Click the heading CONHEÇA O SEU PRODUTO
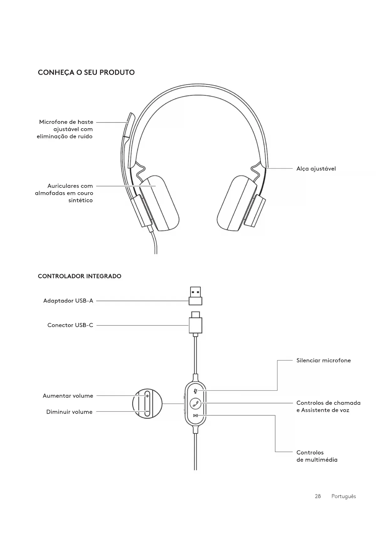[x=86, y=72]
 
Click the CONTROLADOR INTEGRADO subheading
[x=79, y=276]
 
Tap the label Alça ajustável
[x=316, y=169]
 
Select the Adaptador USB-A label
[x=68, y=301]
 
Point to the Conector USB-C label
[x=70, y=325]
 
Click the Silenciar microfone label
[x=323, y=361]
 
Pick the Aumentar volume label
[x=68, y=396]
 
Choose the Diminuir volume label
[x=69, y=412]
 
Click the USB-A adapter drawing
[x=195, y=296]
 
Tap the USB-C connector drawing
[x=195, y=324]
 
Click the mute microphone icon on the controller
[x=195, y=391]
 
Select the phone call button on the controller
[x=196, y=403]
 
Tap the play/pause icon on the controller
[x=195, y=416]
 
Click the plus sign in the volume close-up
[x=147, y=396]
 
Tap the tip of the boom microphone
[x=130, y=117]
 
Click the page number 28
[x=318, y=496]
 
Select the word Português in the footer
[x=344, y=496]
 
